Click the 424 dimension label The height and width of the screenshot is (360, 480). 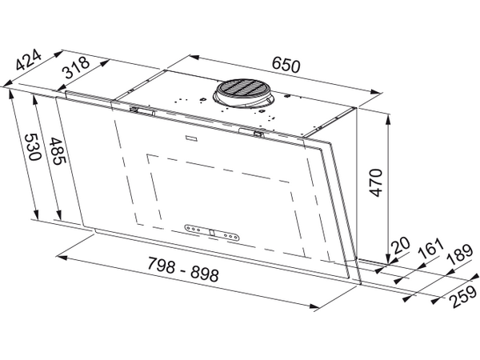[x=28, y=60]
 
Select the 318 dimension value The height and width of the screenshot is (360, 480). [x=76, y=67]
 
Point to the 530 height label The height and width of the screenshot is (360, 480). [x=32, y=147]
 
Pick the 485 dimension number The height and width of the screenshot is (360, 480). [x=58, y=151]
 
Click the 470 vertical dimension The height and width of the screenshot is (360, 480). [x=376, y=182]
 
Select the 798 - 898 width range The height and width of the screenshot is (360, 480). [x=183, y=270]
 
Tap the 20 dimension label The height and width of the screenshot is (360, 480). [x=401, y=245]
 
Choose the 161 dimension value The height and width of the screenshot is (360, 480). [x=431, y=246]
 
